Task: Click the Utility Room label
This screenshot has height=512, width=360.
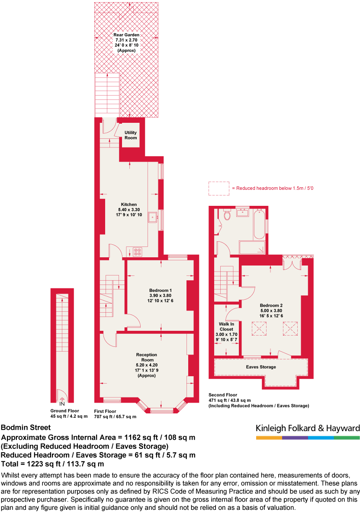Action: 131,135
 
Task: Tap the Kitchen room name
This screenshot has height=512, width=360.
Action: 129,205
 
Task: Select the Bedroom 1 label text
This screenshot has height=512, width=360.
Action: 161,290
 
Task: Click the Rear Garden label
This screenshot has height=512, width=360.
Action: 126,35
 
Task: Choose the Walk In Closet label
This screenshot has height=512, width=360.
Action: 226,326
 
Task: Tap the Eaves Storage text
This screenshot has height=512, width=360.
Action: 261,367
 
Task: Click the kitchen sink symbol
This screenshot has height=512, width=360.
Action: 153,218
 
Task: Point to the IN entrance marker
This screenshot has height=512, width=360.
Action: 62,403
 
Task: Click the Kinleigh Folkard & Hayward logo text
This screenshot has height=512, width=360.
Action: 308,429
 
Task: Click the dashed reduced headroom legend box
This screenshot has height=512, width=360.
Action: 219,188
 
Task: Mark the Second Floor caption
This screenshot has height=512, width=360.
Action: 223,395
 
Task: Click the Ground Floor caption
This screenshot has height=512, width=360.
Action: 64,411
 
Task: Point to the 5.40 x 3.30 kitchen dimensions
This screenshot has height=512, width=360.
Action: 129,210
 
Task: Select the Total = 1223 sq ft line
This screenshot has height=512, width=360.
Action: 53,464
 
